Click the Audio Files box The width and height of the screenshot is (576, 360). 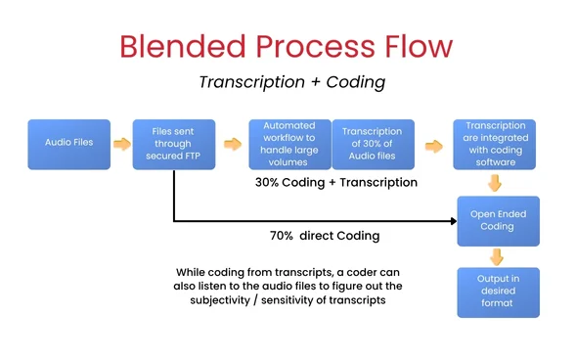[68, 144]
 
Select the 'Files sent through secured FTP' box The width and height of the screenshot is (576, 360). [174, 144]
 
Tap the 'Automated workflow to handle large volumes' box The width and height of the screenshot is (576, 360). [289, 144]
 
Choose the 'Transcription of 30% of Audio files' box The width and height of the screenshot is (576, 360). [373, 144]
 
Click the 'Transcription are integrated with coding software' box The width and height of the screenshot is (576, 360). [495, 144]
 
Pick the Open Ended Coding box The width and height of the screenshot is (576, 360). [498, 220]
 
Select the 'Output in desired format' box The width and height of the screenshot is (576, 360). [498, 292]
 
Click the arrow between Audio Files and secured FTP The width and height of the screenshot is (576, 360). [121, 144]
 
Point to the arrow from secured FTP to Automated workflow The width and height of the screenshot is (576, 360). [232, 144]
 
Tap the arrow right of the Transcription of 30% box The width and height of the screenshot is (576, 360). [432, 145]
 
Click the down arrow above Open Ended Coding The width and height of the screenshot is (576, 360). [496, 183]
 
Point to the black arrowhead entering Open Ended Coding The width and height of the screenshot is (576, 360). [453, 221]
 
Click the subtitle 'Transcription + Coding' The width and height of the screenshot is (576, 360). [291, 82]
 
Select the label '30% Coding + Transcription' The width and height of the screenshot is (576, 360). [335, 183]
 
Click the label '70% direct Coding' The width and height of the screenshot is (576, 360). [326, 236]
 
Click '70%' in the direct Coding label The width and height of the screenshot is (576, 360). [285, 236]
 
